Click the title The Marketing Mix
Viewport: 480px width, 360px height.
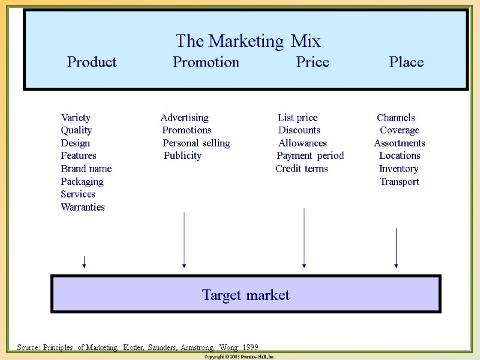click(248, 41)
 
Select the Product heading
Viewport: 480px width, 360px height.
click(92, 62)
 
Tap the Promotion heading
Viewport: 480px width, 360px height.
click(206, 62)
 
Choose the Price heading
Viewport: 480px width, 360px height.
click(313, 62)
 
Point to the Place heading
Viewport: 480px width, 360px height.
click(406, 62)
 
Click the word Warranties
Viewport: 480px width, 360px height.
click(83, 207)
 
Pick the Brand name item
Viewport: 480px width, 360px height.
click(86, 169)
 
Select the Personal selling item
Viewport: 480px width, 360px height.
click(196, 143)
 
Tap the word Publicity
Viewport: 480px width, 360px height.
click(182, 156)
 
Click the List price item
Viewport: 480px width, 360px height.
click(298, 118)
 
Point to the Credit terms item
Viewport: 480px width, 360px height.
click(302, 169)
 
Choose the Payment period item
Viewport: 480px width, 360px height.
click(310, 156)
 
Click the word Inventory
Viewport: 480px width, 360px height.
click(398, 169)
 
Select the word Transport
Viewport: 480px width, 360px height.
click(399, 182)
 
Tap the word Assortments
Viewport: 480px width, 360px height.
click(400, 143)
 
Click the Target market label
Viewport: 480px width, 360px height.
click(246, 295)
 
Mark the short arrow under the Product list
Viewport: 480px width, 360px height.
click(84, 262)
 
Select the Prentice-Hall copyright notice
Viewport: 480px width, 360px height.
click(240, 356)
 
